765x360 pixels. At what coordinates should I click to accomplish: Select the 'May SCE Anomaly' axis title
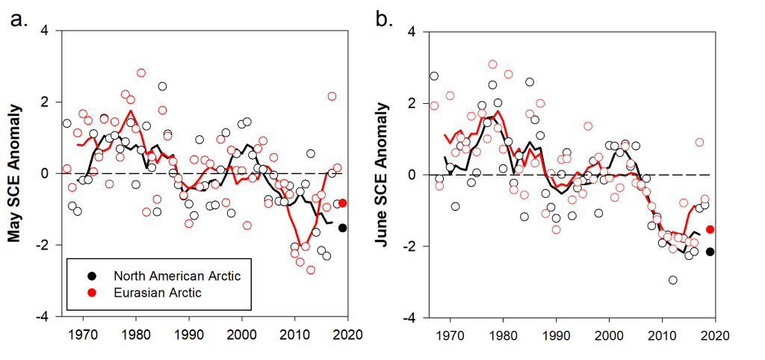click(14, 173)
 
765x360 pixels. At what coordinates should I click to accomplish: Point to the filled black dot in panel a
click(343, 228)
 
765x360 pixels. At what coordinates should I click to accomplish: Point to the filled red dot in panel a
click(343, 202)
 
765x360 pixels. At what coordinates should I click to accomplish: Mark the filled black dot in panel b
click(710, 252)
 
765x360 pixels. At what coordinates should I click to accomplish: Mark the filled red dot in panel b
click(710, 229)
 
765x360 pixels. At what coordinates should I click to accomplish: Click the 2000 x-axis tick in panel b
click(609, 334)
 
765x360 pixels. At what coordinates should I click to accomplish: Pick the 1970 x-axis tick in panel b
click(450, 334)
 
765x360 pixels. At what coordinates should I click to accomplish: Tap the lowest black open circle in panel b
click(673, 280)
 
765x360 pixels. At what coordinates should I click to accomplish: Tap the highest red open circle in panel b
click(492, 64)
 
